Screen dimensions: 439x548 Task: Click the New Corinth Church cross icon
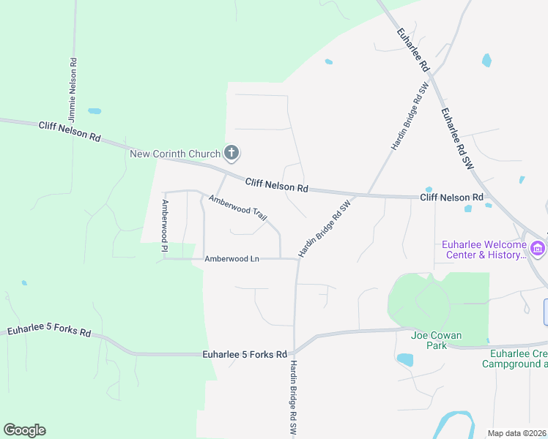[231, 153]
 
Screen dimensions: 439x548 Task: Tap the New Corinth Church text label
[175, 154]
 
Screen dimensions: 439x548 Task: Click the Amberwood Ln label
[232, 258]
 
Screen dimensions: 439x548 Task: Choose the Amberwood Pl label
[166, 228]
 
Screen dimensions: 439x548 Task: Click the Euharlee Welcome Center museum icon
[538, 249]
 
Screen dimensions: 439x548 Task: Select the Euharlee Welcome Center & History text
[484, 249]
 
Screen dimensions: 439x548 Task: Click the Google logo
[24, 430]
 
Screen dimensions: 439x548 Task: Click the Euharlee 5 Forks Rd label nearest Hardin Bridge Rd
[244, 355]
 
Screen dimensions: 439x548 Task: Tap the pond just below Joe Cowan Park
[404, 359]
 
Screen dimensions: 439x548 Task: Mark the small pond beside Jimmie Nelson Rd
[95, 111]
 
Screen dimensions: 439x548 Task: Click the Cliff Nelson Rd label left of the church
[70, 132]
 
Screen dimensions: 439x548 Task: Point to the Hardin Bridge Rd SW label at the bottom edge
[293, 399]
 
